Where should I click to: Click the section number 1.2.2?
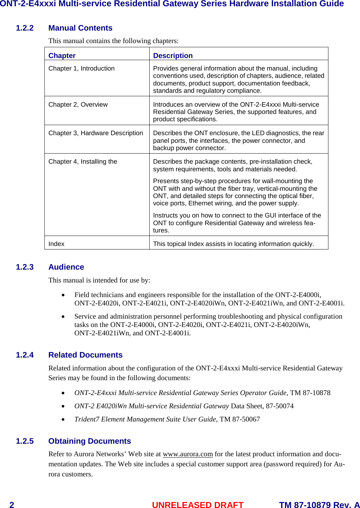(x=25, y=28)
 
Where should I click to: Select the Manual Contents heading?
(x=80, y=28)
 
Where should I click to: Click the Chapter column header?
(x=62, y=56)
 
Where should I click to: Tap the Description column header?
(x=173, y=56)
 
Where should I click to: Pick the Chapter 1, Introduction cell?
(x=81, y=68)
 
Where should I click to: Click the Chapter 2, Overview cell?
(x=78, y=105)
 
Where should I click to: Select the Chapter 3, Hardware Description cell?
(x=95, y=133)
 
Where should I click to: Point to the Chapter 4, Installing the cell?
(x=83, y=162)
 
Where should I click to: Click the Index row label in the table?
(x=56, y=244)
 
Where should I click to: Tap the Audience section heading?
(x=66, y=267)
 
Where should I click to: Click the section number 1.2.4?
(x=25, y=355)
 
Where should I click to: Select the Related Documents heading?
(x=85, y=355)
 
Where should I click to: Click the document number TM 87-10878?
(x=310, y=393)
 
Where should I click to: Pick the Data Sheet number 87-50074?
(x=279, y=406)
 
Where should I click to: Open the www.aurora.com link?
(x=187, y=454)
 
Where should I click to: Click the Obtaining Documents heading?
(x=90, y=441)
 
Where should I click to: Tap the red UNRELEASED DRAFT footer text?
(x=198, y=505)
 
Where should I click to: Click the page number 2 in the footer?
(x=12, y=505)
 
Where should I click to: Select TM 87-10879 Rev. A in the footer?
(x=319, y=505)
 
